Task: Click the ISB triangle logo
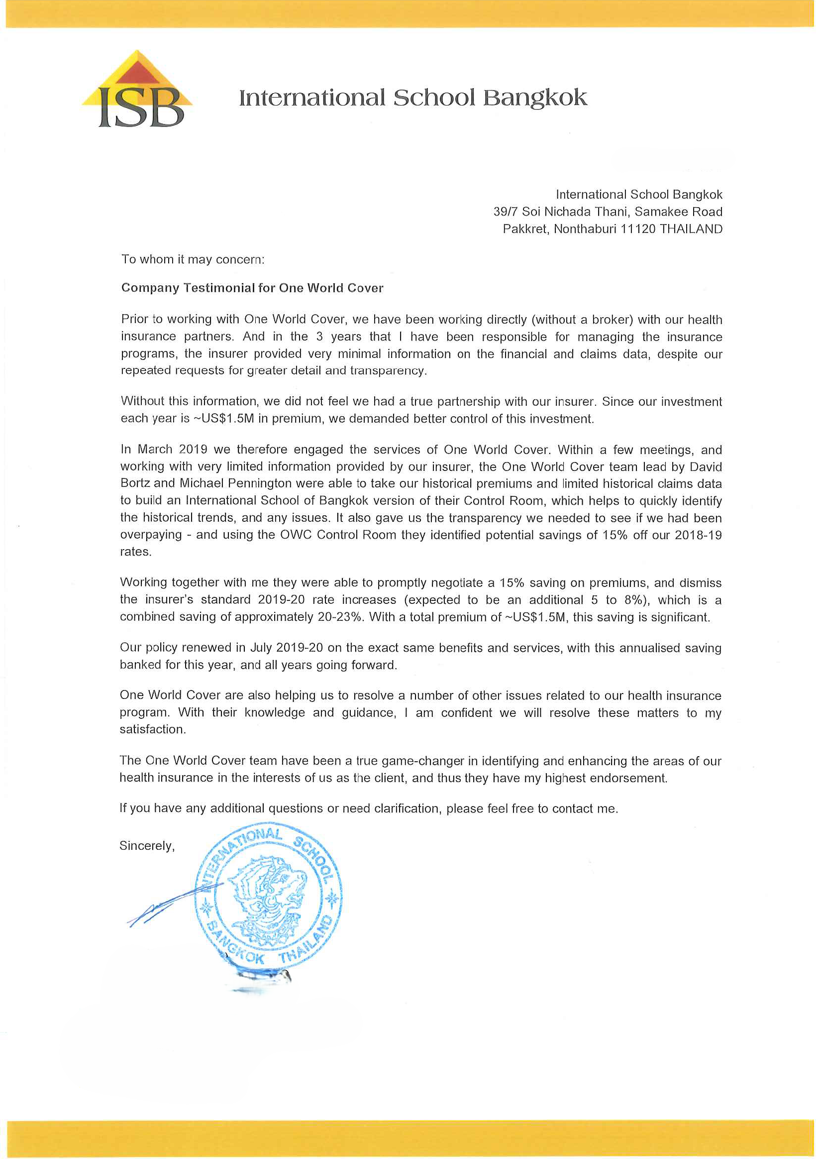tap(137, 89)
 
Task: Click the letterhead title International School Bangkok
tap(413, 98)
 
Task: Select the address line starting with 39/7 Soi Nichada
tap(608, 212)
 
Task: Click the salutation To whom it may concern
tap(193, 259)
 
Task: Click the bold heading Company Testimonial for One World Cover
tap(252, 288)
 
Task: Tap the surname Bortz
tap(136, 483)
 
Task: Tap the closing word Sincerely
tap(147, 846)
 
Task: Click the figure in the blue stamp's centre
tap(268, 896)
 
